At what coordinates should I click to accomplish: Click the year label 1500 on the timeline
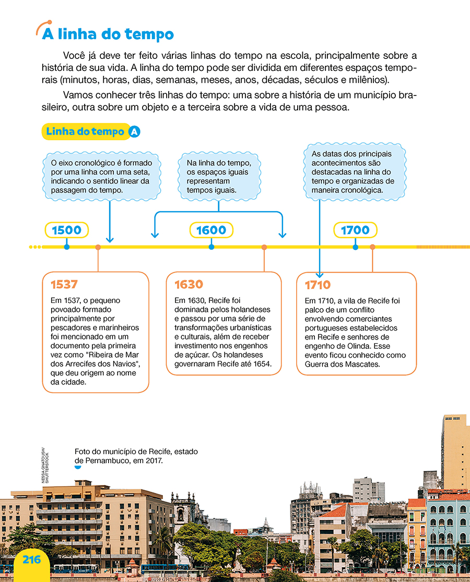click(x=66, y=230)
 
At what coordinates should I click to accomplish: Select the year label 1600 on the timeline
click(x=211, y=230)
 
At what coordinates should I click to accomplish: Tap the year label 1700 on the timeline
click(x=355, y=230)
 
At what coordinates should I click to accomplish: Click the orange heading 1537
click(x=64, y=285)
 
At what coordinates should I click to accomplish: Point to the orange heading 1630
click(x=189, y=285)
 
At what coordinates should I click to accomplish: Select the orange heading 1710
click(x=318, y=285)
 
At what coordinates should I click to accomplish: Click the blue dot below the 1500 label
click(x=66, y=247)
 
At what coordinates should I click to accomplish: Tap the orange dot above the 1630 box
click(x=264, y=247)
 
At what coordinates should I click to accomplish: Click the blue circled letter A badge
click(x=134, y=132)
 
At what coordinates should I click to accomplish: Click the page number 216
click(x=31, y=560)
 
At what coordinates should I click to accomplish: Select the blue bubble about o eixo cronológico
click(x=100, y=177)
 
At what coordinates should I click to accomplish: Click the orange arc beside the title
click(x=43, y=27)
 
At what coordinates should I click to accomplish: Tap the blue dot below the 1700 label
click(x=355, y=247)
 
